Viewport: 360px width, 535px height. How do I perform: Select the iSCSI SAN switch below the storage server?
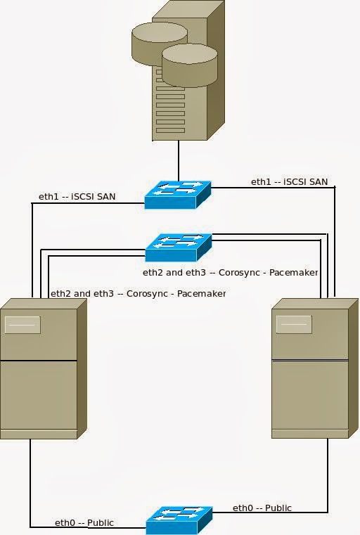178,194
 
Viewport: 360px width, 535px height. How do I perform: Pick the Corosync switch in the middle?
178,247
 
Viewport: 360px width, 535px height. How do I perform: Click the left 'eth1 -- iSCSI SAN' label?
77,196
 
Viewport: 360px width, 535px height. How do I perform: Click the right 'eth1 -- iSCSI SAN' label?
289,181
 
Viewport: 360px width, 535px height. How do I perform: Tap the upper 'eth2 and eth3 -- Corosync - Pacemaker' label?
231,272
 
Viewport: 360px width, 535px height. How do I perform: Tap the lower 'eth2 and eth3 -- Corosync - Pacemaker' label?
138,293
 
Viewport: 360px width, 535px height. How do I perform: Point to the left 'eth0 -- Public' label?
84,522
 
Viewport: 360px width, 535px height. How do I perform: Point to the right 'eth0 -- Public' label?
262,508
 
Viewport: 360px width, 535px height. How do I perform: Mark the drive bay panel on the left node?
22,325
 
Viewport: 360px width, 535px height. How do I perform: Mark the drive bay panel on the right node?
294,324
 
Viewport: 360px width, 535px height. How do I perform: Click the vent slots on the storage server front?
169,105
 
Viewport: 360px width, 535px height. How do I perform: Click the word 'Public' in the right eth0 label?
278,508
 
